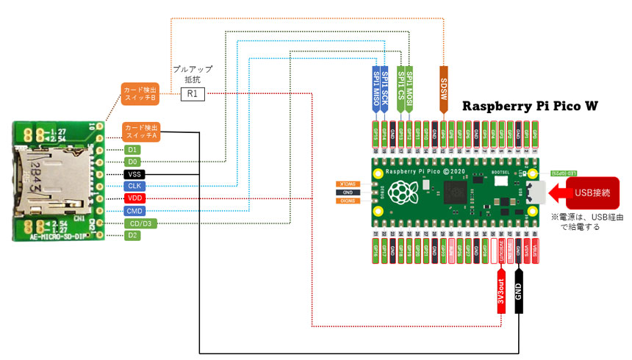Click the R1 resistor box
(193, 94)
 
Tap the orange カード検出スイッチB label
(140, 93)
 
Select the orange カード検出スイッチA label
(140, 131)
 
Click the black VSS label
(134, 174)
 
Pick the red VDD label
(134, 198)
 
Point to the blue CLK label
(134, 186)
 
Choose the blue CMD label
(134, 211)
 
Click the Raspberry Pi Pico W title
(529, 107)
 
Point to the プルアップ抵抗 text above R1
(193, 73)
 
